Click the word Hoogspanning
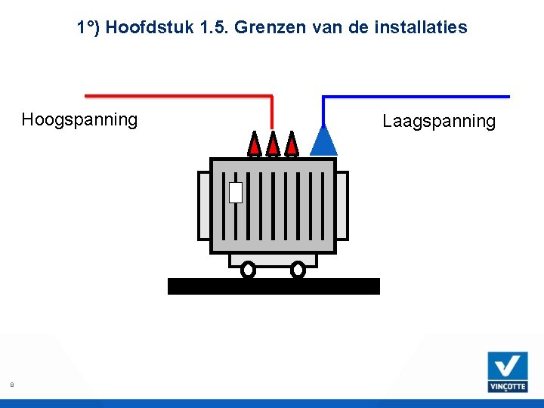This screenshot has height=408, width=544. click(79, 119)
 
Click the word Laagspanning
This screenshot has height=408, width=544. click(439, 121)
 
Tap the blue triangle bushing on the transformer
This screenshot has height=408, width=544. click(323, 141)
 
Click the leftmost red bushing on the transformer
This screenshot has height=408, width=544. click(255, 144)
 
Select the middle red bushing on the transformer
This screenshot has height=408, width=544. click(274, 144)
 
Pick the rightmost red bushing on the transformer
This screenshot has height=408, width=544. click(292, 144)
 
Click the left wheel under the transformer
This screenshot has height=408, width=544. click(248, 269)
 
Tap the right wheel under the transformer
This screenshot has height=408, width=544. click(298, 269)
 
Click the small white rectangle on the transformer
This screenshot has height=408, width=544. click(235, 193)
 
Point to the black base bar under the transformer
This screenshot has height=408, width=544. click(273, 286)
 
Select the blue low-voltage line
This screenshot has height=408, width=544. click(416, 97)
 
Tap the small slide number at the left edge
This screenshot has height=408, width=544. click(11, 385)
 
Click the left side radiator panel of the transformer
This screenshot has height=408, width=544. click(202, 206)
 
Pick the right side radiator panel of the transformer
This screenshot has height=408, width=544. click(342, 206)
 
